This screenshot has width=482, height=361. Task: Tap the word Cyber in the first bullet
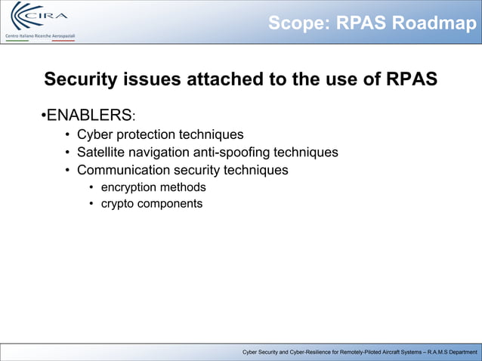click(x=94, y=135)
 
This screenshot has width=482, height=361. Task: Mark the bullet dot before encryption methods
click(x=91, y=187)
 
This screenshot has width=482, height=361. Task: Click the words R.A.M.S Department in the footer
click(x=445, y=353)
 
